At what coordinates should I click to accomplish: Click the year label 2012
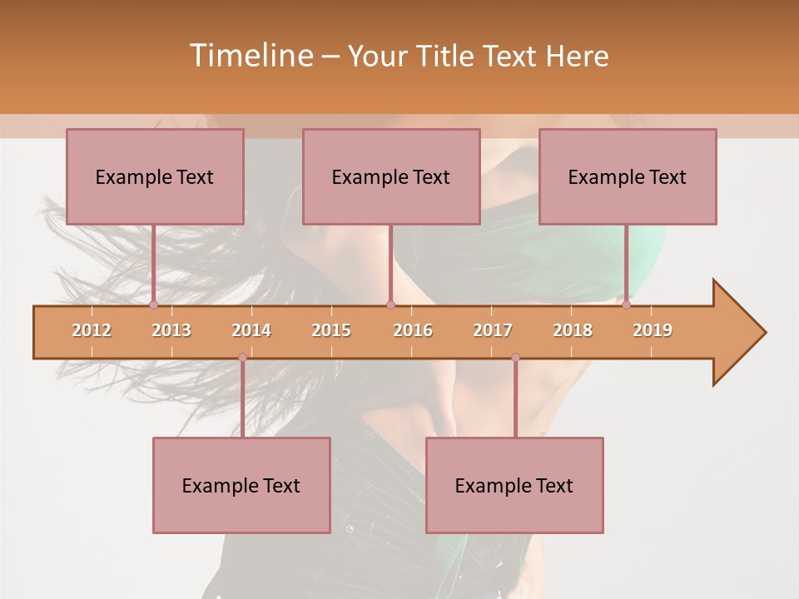92,330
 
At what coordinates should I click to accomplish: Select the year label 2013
171,330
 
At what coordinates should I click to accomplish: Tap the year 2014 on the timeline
251,330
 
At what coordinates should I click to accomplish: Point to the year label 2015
331,330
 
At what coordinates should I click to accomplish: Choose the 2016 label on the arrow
413,330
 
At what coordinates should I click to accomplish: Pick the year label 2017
493,330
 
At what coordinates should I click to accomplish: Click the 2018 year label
573,330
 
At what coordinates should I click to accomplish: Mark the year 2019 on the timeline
653,330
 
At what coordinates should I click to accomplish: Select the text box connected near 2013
155,176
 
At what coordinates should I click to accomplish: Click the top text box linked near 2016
391,176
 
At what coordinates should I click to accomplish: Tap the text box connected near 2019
628,176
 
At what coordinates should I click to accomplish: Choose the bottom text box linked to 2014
241,485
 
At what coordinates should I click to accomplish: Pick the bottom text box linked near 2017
514,485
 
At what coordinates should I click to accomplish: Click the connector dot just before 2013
153,304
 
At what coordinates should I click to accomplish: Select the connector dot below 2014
242,358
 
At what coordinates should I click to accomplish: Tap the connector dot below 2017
515,358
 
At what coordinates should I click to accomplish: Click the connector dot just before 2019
627,304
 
